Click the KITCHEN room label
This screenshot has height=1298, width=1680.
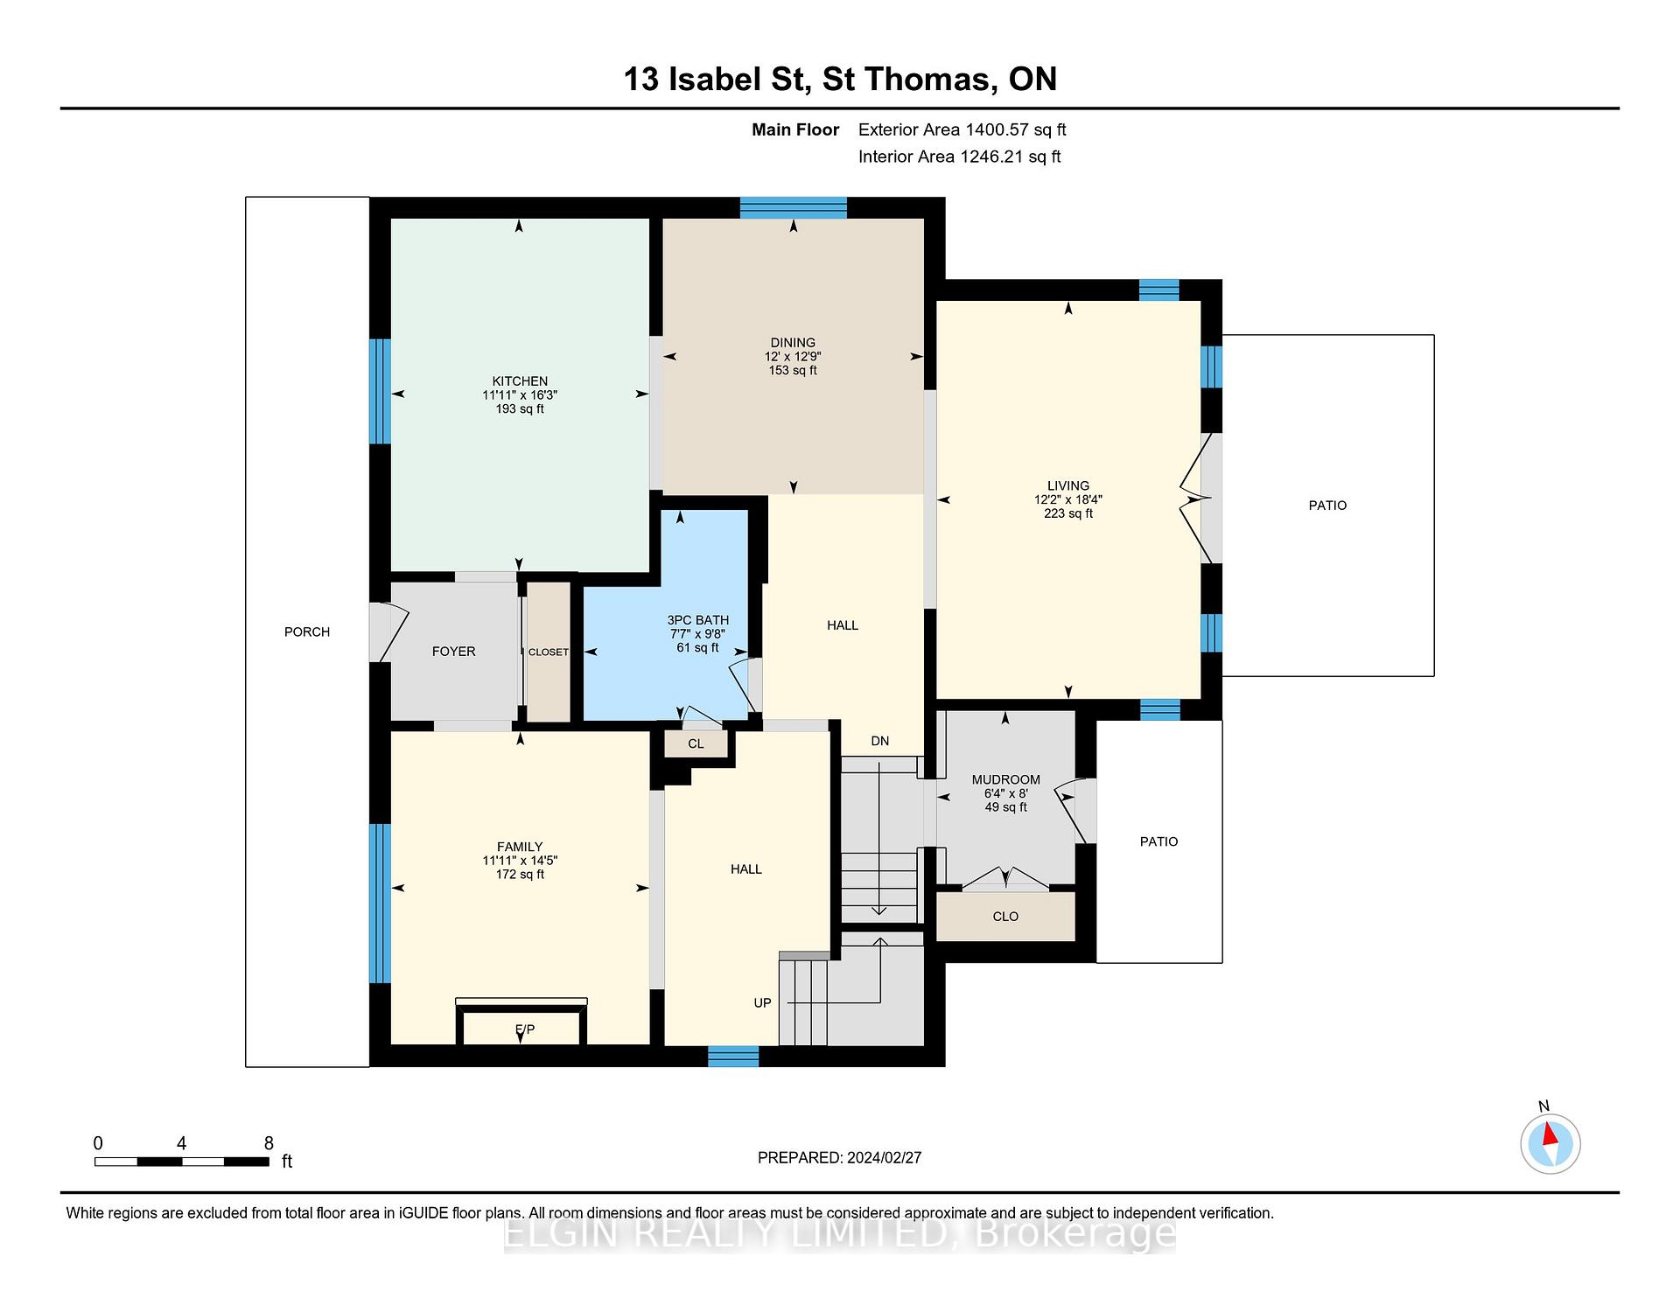[520, 381]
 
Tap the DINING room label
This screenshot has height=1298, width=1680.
[793, 343]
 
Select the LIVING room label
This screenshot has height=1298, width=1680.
[1068, 485]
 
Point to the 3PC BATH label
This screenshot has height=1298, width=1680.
[697, 620]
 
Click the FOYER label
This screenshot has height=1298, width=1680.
[453, 652]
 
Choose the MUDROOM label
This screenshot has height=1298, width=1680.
[1005, 779]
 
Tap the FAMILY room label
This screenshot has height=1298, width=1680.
[520, 847]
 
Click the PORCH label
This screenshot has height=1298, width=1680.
[307, 632]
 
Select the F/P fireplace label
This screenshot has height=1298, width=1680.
[525, 1029]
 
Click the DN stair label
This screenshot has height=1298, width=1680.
[879, 741]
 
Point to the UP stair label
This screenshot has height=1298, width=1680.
[762, 1002]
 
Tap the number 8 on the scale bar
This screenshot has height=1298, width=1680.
[269, 1143]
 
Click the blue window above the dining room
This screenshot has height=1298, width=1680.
[794, 207]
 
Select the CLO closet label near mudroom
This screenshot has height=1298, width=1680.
[1005, 917]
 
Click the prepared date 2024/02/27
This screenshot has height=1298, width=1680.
[884, 1157]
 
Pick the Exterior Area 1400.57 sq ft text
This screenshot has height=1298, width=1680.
[962, 129]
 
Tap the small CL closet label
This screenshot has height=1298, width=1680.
[696, 744]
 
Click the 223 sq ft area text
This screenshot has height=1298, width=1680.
[1068, 513]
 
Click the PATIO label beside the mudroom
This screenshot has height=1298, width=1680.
[1158, 841]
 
